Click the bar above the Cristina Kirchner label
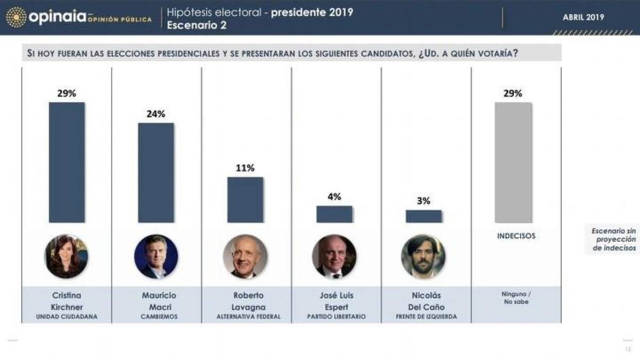click(x=67, y=162)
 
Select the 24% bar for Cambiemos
click(x=156, y=173)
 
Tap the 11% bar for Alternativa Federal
click(x=245, y=199)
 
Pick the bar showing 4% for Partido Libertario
click(x=334, y=214)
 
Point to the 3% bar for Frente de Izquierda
click(x=423, y=216)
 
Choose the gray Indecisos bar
click(x=513, y=162)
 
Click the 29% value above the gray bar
click(x=513, y=93)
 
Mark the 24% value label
click(x=156, y=114)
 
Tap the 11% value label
click(x=245, y=168)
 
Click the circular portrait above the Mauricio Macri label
click(x=156, y=257)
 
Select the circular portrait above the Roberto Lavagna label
click(x=245, y=257)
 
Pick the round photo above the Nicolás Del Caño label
click(x=423, y=257)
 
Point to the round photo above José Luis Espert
click(x=334, y=257)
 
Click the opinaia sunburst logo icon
click(x=15, y=17)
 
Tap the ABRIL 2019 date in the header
click(x=583, y=17)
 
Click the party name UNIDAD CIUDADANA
click(x=67, y=317)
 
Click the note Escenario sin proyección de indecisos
click(x=613, y=239)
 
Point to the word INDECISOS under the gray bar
click(x=516, y=236)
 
